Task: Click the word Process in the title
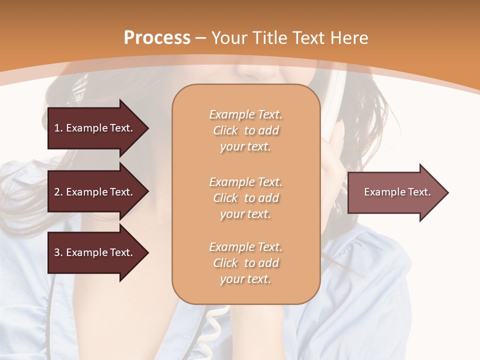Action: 157,38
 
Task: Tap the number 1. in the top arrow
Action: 58,128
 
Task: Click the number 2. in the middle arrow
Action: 58,192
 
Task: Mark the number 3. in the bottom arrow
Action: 58,252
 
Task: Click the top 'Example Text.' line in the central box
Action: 245,114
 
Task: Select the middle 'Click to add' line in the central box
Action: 245,198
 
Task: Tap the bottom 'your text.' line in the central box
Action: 245,279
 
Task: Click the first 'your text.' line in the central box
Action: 245,147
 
